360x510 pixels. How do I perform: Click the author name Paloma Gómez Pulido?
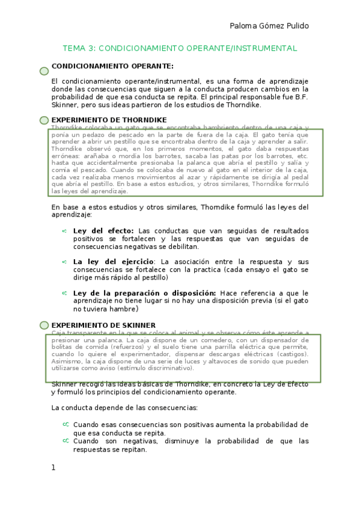(269, 26)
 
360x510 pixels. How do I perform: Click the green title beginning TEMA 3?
(180, 48)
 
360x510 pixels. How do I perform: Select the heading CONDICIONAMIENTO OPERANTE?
(112, 66)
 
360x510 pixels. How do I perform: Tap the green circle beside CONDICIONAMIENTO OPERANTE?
(44, 71)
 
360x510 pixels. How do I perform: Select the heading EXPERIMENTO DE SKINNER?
(103, 325)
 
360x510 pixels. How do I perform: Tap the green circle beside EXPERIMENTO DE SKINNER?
(44, 325)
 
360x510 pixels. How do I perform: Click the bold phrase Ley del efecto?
(104, 231)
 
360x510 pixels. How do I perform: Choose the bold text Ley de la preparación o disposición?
(145, 293)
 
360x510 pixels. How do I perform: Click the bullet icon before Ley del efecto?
(64, 231)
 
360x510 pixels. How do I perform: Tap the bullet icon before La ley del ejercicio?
(64, 262)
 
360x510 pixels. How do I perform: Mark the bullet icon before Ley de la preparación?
(64, 293)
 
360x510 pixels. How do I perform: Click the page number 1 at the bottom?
(53, 467)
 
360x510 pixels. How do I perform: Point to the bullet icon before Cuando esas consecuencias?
(66, 425)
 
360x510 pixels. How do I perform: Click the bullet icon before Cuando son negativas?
(66, 441)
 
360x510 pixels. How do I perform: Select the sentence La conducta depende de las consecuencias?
(124, 408)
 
